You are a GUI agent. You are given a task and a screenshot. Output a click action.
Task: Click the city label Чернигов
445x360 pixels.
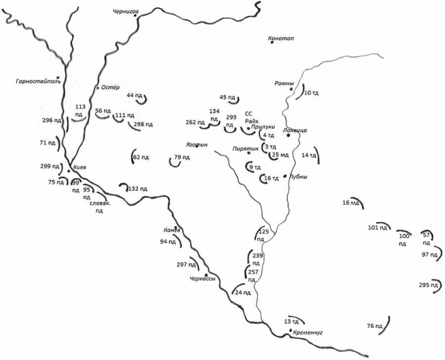pos(126,10)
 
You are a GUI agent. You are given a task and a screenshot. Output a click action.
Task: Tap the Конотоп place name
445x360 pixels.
pos(282,38)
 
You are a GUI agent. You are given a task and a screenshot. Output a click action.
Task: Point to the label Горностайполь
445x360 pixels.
pos(38,81)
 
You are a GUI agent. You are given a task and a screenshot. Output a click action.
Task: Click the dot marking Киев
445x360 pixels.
pos(69,170)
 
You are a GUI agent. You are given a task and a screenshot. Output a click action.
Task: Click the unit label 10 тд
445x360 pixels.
pos(311,92)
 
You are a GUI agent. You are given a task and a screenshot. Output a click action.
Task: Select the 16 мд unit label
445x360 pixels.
pos(350,202)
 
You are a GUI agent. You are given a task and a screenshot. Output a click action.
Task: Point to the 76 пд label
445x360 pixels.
pos(375,326)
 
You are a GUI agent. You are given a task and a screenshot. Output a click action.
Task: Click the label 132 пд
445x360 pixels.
pos(137,189)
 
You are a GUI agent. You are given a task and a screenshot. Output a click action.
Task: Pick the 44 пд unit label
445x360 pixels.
pos(134,95)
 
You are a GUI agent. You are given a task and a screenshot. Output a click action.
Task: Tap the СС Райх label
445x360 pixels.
pos(251,117)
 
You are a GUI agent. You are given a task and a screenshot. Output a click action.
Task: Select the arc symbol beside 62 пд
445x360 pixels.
pos(133,157)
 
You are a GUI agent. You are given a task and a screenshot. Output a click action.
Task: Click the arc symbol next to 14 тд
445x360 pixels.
pos(316,155)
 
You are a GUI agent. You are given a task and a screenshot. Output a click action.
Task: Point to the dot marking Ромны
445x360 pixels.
pos(291,89)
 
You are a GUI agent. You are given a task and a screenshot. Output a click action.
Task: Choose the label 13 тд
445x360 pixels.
pos(291,321)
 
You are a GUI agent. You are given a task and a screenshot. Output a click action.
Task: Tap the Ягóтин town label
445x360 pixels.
pos(197,145)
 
